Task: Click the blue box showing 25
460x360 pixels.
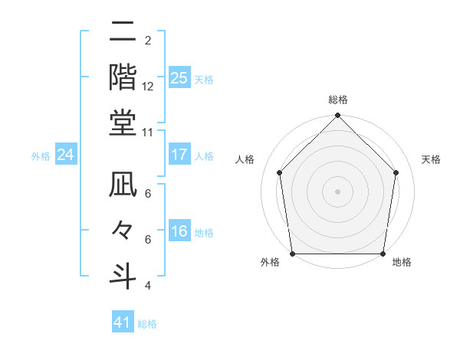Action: (x=179, y=77)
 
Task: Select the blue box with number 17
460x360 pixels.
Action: (x=179, y=155)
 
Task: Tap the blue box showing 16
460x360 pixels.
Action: (x=179, y=231)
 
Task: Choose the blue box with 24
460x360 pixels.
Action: (x=65, y=155)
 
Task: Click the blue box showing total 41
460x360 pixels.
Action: (x=123, y=322)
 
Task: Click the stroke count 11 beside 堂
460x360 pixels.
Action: (x=148, y=132)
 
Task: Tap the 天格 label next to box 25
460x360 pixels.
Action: (x=204, y=79)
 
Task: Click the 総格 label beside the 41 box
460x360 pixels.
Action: (x=147, y=324)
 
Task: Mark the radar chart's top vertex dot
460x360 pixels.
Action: (x=338, y=117)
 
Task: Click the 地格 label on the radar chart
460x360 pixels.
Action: (x=402, y=263)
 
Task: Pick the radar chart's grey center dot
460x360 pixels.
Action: (x=338, y=191)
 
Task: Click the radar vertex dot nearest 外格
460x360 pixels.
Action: (x=293, y=254)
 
